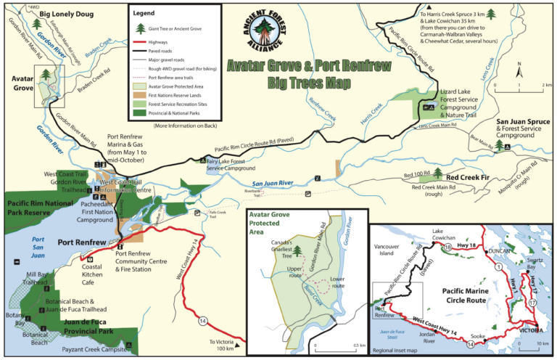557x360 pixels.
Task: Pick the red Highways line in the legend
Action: pyautogui.click(x=141, y=43)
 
